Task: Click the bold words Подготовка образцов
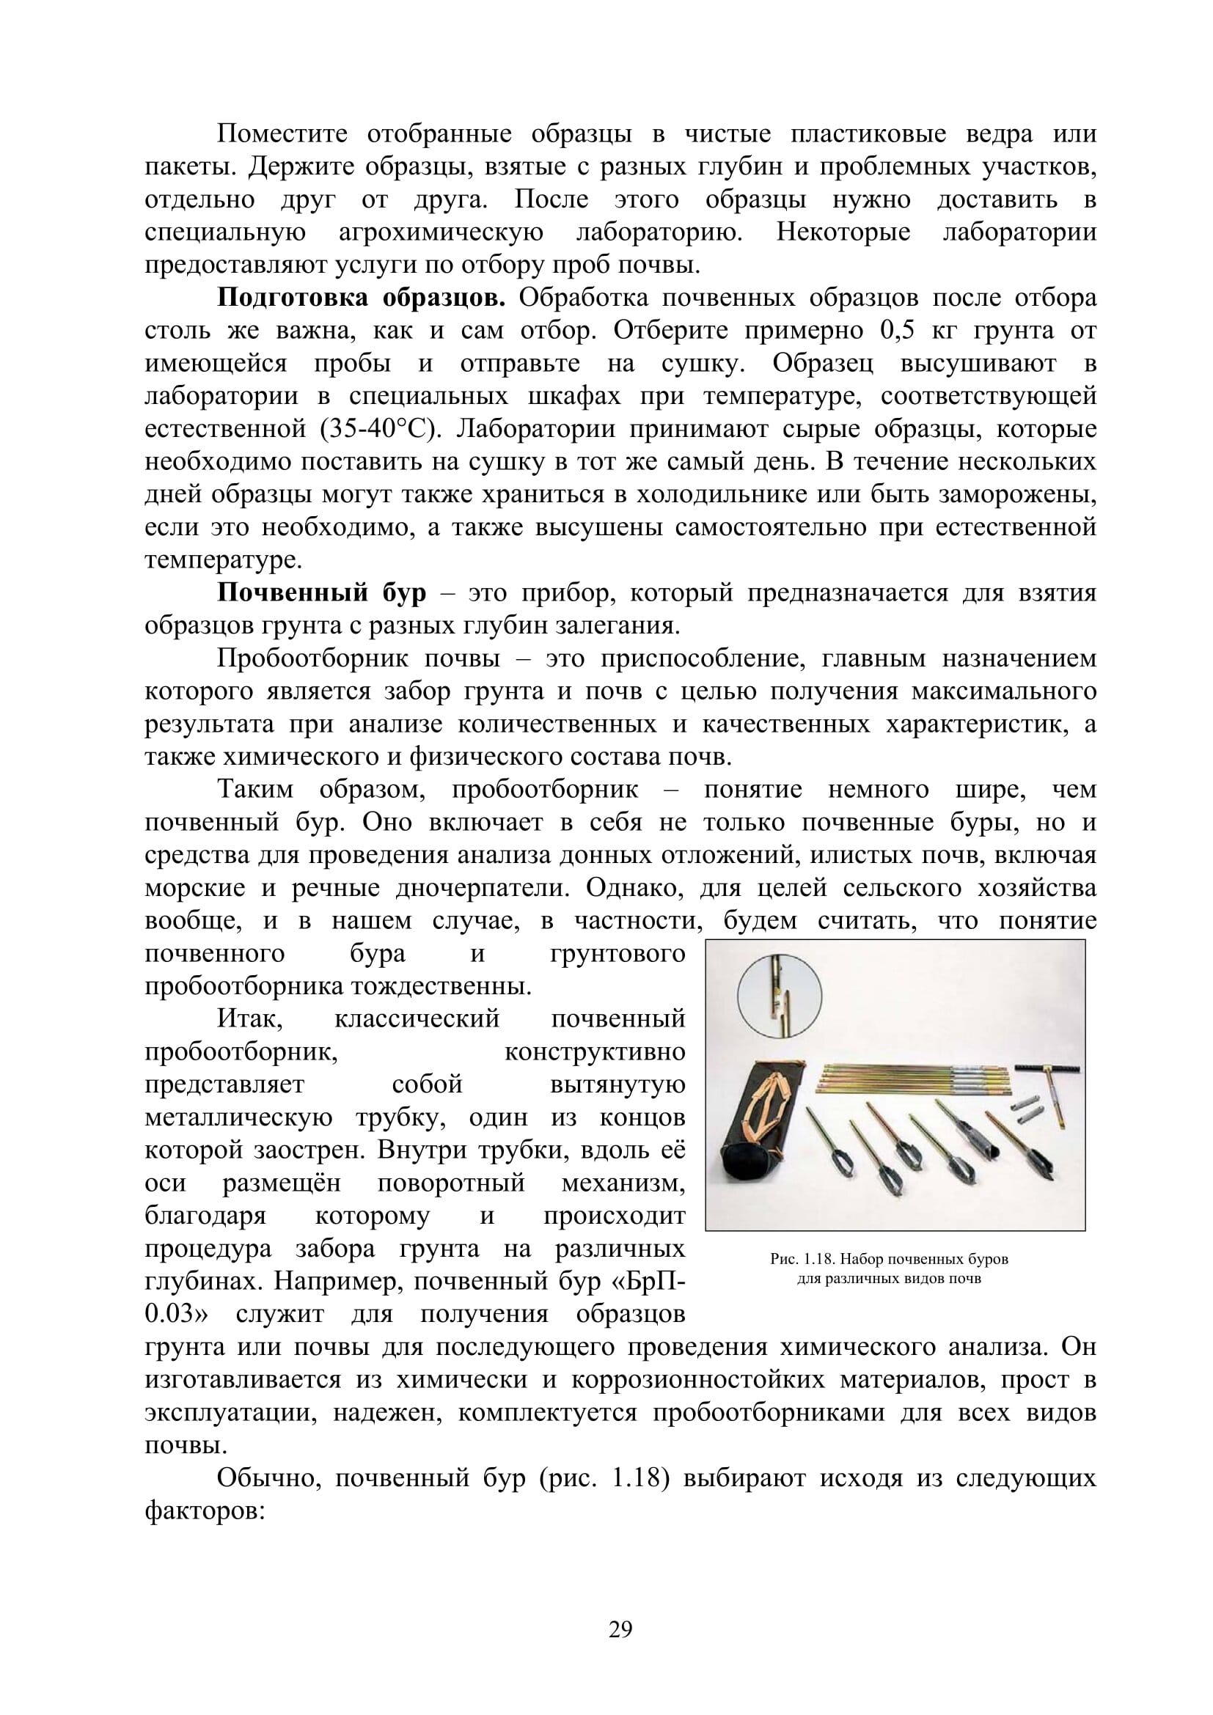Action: pyautogui.click(x=362, y=298)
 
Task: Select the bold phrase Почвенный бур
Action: pyautogui.click(x=321, y=593)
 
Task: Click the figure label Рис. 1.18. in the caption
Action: pyautogui.click(x=803, y=1260)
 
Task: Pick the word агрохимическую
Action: pyautogui.click(x=441, y=232)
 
